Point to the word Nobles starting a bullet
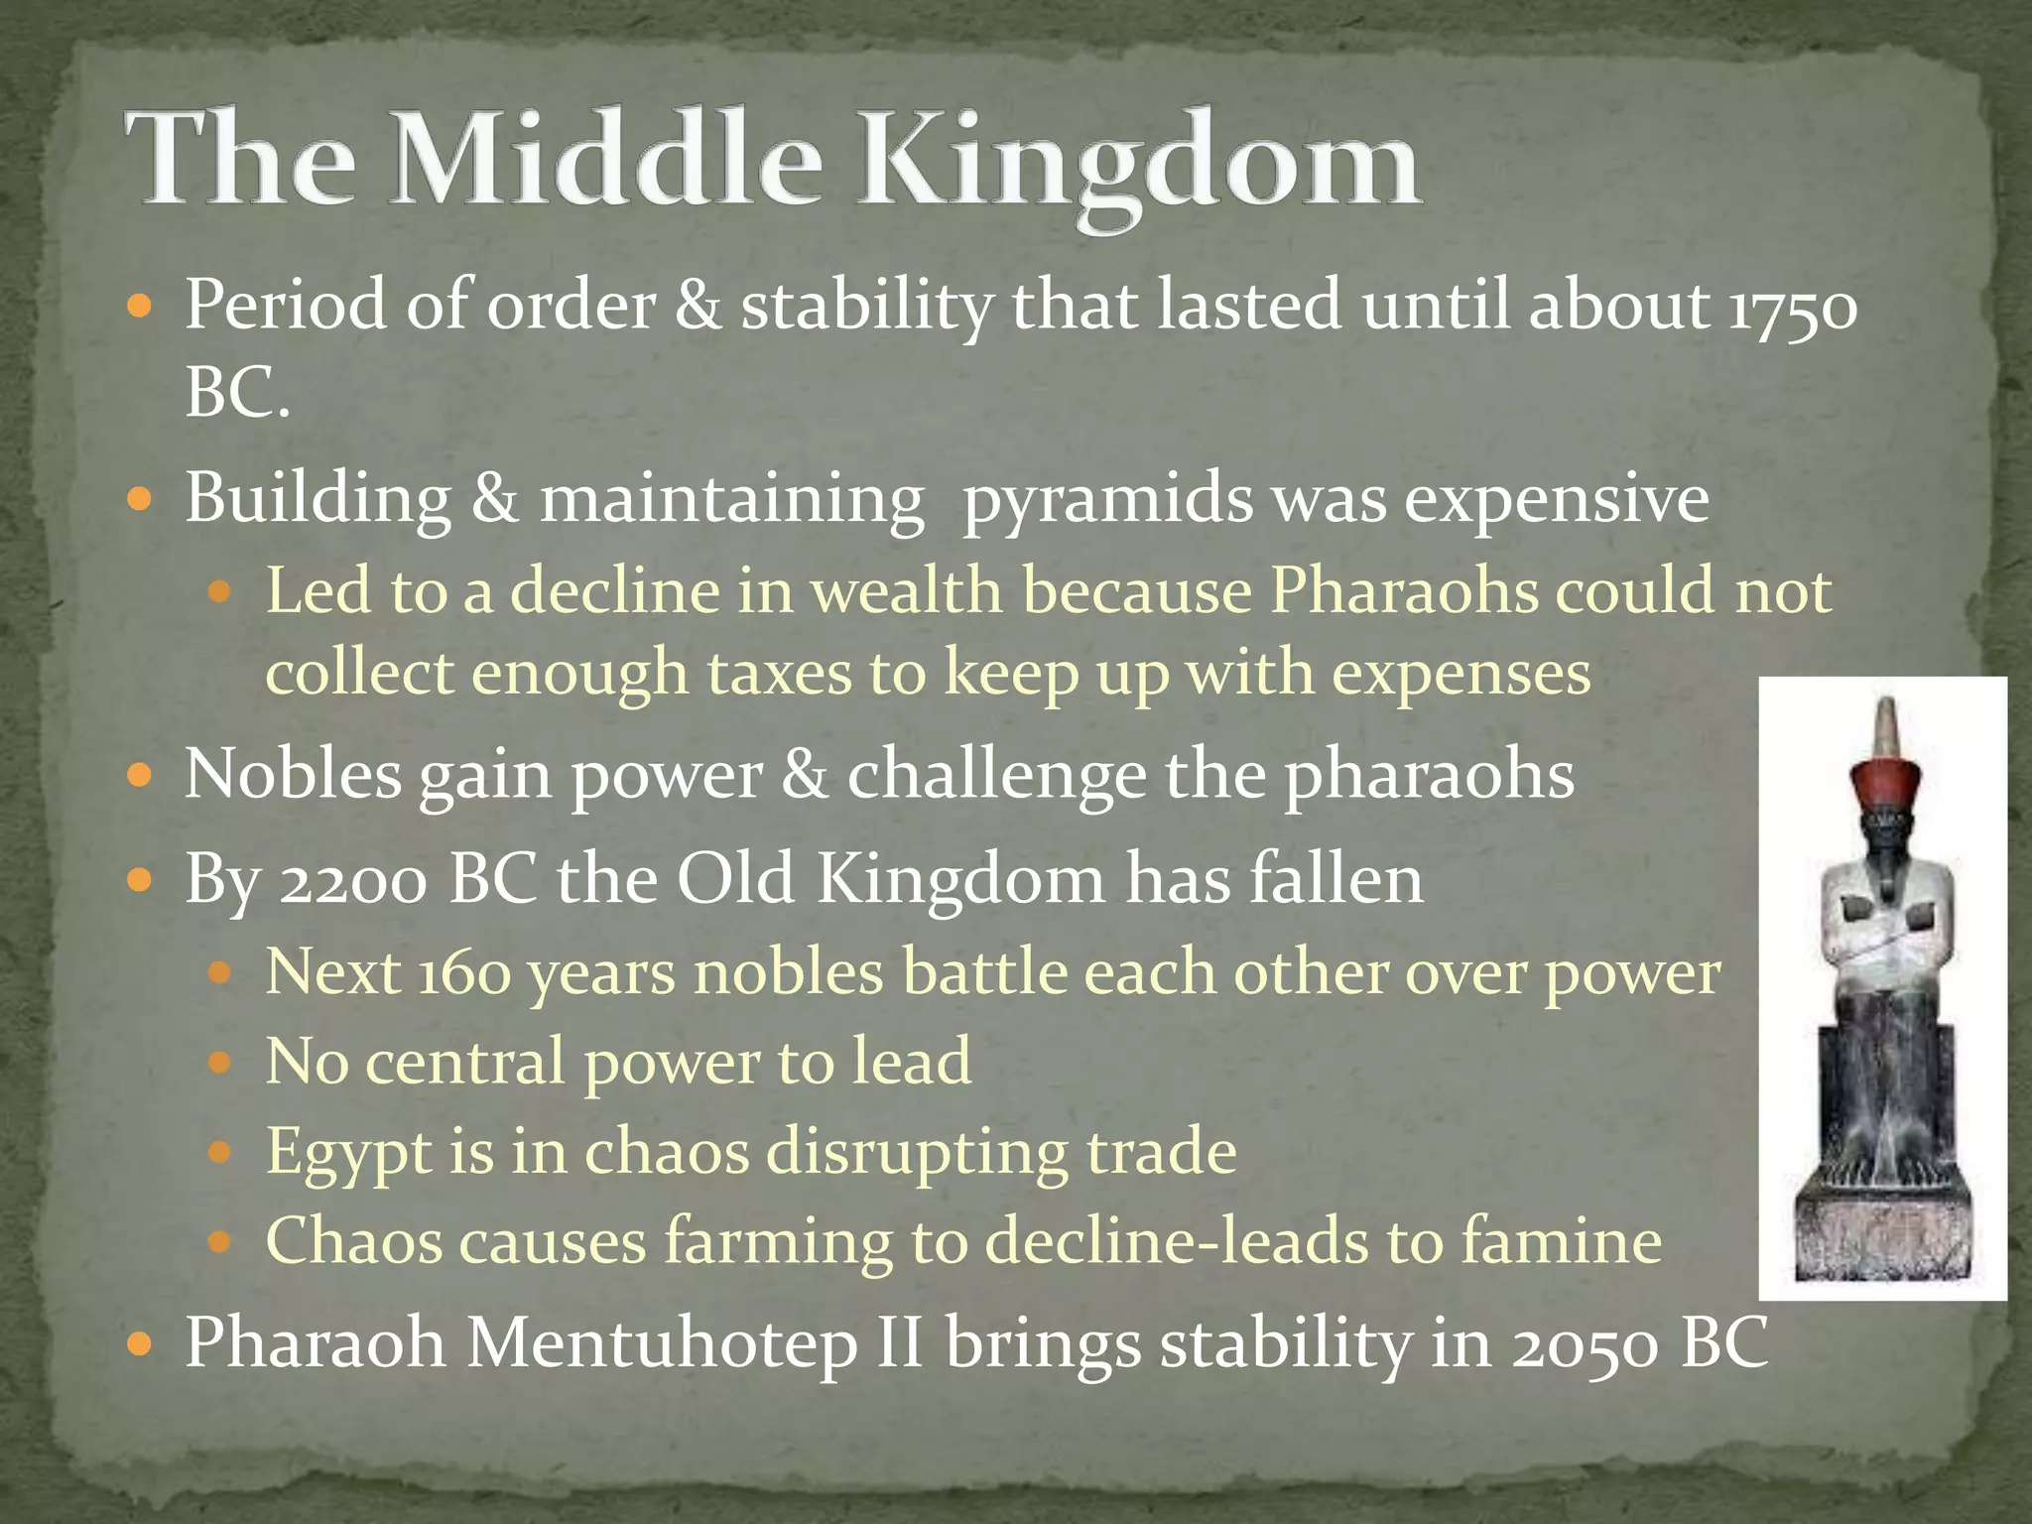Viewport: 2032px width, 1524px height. pos(294,775)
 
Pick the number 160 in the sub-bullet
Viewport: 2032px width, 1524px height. pos(462,974)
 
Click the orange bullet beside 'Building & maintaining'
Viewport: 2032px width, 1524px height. pos(141,499)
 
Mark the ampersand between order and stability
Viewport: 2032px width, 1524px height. pos(698,307)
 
